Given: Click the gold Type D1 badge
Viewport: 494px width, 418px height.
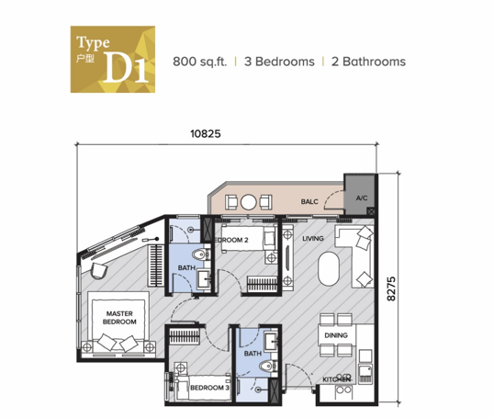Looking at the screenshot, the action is (x=113, y=60).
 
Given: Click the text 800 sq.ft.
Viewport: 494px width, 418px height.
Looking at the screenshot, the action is (x=200, y=62).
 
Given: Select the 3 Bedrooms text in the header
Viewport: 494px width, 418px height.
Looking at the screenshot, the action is (x=279, y=62).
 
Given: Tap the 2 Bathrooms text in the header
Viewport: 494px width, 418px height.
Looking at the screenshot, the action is (x=368, y=62).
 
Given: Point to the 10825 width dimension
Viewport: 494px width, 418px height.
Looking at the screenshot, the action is (x=206, y=133).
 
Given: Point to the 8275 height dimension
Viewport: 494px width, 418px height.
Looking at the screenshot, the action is (x=391, y=288).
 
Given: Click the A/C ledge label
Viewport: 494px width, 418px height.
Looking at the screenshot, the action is (x=362, y=198).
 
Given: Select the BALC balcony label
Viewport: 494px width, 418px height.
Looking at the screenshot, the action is (x=309, y=201).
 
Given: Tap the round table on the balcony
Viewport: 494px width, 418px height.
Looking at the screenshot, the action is (x=249, y=202).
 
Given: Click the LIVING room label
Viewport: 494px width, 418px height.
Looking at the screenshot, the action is (x=313, y=239).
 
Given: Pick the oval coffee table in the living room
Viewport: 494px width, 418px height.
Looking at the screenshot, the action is (x=329, y=269).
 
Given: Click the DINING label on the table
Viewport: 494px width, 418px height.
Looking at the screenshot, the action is (x=336, y=335).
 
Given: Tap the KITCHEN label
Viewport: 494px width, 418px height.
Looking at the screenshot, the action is (x=336, y=379).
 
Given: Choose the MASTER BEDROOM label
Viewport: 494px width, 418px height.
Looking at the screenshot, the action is (x=119, y=318).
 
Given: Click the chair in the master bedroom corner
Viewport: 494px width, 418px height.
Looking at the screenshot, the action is (x=99, y=271).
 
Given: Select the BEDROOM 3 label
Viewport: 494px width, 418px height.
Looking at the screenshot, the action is (x=209, y=388).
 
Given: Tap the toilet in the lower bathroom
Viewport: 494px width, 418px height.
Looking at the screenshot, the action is (x=268, y=366).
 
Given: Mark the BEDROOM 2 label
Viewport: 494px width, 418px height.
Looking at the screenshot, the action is (x=231, y=240).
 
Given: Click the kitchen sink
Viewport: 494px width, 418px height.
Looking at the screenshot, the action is (x=365, y=374).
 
